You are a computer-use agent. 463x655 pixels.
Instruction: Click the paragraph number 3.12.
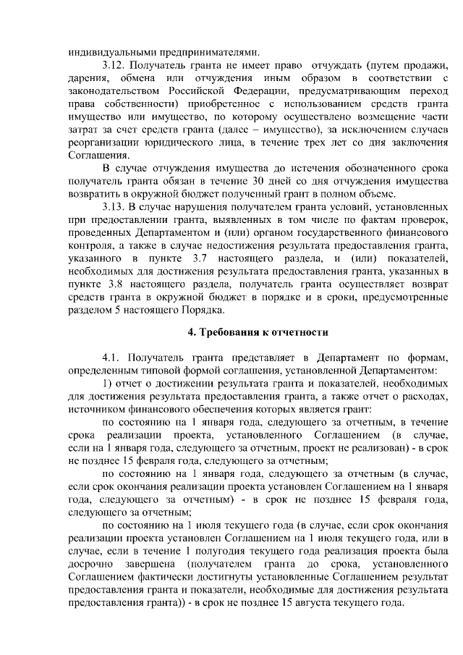[x=116, y=67]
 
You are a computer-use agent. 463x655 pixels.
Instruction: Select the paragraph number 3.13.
[x=116, y=206]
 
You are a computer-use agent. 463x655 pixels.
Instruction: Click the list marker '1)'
[x=107, y=383]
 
